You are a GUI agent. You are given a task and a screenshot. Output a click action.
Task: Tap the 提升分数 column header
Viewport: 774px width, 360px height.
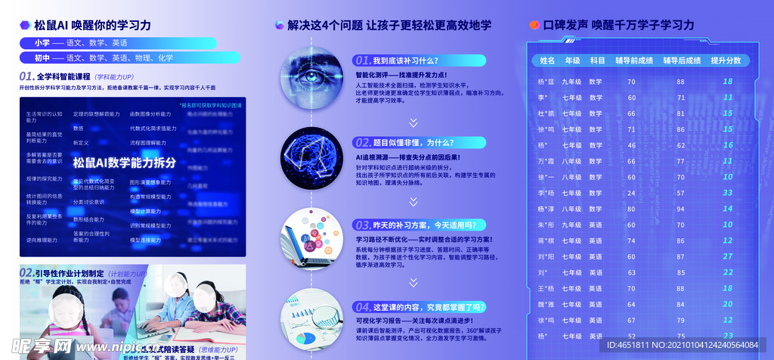point(726,61)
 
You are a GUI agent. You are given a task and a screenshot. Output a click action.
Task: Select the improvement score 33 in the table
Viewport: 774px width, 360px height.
point(728,193)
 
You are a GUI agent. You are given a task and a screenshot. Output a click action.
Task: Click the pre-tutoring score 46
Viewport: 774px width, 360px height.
point(632,145)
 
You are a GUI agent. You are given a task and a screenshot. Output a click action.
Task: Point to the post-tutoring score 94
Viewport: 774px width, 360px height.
point(680,209)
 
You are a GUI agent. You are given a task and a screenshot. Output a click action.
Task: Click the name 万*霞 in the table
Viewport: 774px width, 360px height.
point(546,161)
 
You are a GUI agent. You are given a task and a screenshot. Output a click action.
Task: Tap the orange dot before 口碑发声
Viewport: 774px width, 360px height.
point(534,25)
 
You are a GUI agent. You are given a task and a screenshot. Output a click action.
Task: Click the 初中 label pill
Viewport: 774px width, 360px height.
point(42,57)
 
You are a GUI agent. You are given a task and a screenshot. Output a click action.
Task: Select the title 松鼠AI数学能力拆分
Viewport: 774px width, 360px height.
point(124,163)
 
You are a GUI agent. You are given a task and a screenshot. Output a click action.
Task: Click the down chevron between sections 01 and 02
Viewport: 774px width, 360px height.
point(413,122)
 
